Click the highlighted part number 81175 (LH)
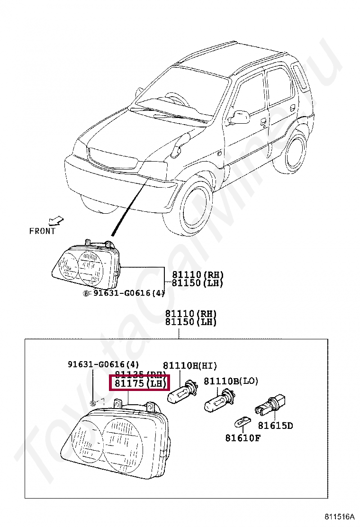click(139, 383)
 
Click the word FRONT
click(42, 231)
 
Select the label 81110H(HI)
click(190, 365)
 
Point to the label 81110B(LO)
click(231, 381)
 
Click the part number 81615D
click(275, 426)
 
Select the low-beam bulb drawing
click(217, 402)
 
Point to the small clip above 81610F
click(242, 421)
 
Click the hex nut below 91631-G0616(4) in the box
click(94, 403)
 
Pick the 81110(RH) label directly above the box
click(190, 314)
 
